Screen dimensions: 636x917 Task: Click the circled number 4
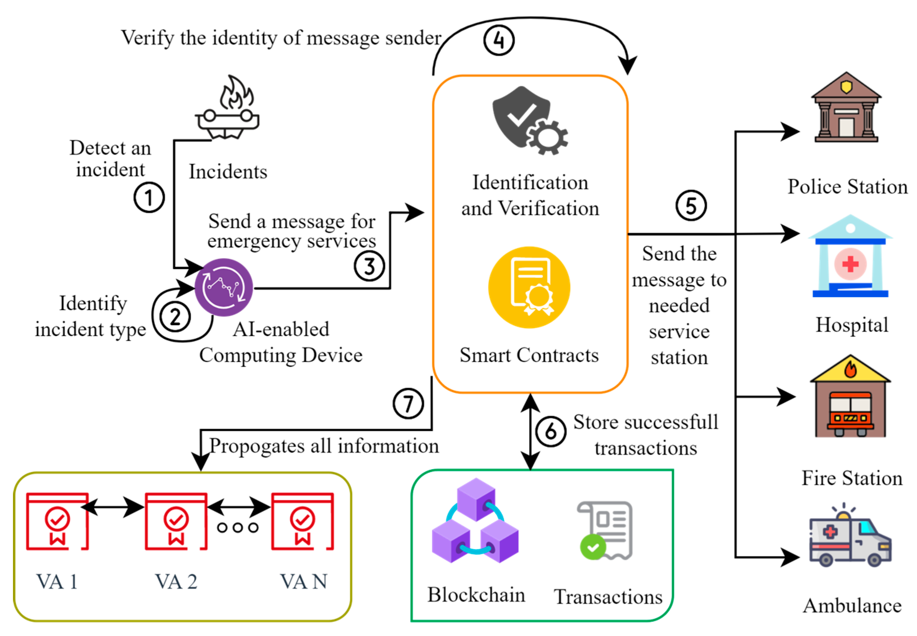pyautogui.click(x=498, y=40)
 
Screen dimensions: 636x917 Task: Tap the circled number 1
pyautogui.click(x=149, y=197)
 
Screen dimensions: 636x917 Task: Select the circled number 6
pyautogui.click(x=550, y=431)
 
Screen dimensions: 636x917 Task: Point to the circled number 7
pyautogui.click(x=408, y=403)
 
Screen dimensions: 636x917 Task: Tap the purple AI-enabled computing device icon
pyautogui.click(x=223, y=287)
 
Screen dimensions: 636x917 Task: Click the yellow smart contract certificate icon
pyautogui.click(x=529, y=287)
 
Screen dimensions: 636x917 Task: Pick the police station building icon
pyautogui.click(x=846, y=108)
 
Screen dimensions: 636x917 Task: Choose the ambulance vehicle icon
pyautogui.click(x=850, y=536)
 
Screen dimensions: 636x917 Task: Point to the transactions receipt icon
pyautogui.click(x=605, y=530)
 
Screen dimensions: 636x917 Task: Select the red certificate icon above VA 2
pyautogui.click(x=176, y=521)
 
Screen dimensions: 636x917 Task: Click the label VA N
pyautogui.click(x=303, y=581)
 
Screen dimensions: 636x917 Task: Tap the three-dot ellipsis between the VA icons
pyautogui.click(x=238, y=528)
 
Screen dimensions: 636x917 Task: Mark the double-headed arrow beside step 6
pyautogui.click(x=530, y=432)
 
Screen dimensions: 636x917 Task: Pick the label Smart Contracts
pyautogui.click(x=529, y=355)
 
